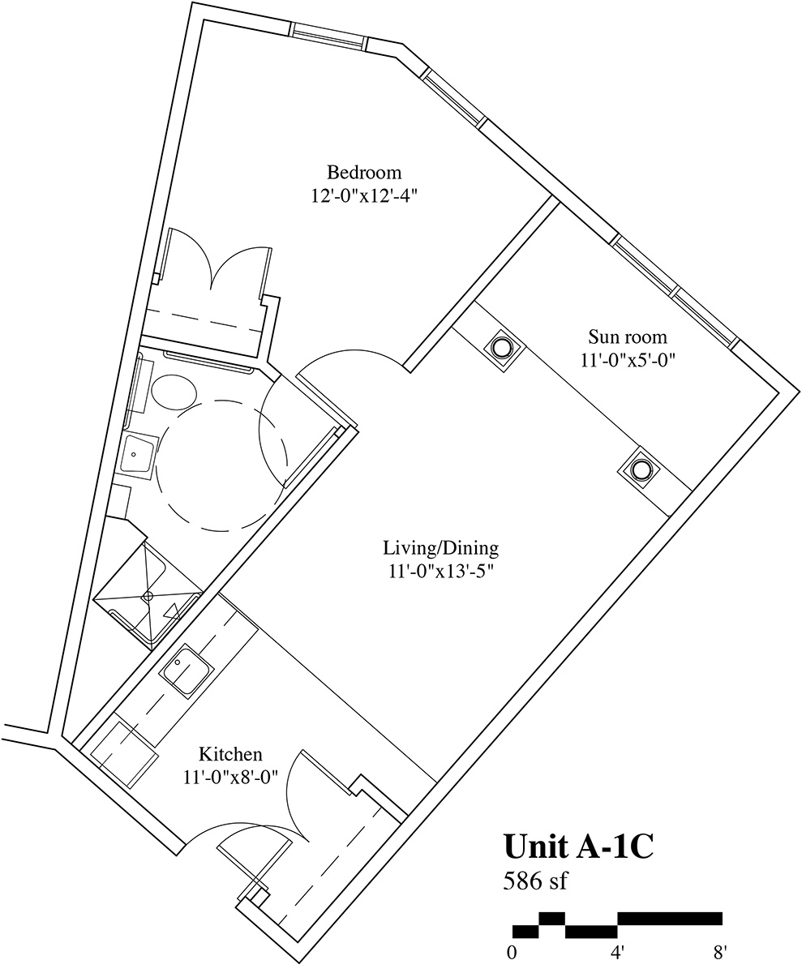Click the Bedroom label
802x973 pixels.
pos(364,173)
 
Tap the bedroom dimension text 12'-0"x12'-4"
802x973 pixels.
pos(363,196)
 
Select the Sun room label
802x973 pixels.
pos(628,336)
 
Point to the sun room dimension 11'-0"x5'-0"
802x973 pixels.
pos(628,360)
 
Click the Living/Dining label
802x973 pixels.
pos(441,548)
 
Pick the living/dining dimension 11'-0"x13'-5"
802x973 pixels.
pos(441,572)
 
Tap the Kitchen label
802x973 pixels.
pos(230,754)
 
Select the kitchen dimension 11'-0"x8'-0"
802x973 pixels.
pos(230,778)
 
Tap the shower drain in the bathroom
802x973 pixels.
pos(148,595)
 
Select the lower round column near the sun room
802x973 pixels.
pos(638,469)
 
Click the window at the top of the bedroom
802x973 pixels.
pos(328,36)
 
